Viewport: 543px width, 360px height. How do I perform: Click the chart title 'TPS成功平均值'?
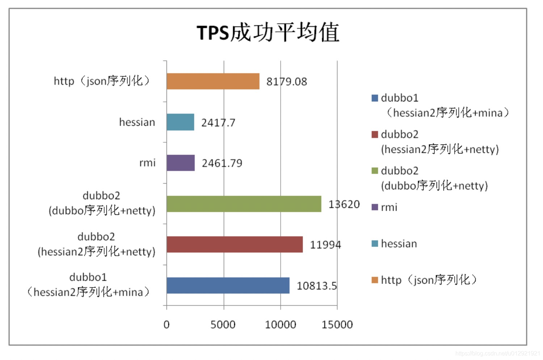(x=268, y=32)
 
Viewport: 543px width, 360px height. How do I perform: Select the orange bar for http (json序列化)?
(x=213, y=81)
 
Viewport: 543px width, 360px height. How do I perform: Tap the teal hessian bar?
(x=180, y=122)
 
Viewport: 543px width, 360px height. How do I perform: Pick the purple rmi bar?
(x=181, y=163)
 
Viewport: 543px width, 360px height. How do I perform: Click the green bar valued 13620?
(x=244, y=204)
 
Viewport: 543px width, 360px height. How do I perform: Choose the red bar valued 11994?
(x=235, y=244)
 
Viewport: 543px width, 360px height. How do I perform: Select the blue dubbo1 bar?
(x=228, y=285)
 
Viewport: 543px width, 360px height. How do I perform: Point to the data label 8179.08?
(x=287, y=81)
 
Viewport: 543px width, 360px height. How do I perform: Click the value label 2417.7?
(x=218, y=123)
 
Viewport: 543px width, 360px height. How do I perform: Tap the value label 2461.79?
(x=222, y=163)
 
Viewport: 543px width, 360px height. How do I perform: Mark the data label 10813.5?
(x=317, y=286)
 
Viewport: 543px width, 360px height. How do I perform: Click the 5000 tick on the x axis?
(x=223, y=325)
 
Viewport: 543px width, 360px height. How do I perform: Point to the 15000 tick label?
(x=337, y=325)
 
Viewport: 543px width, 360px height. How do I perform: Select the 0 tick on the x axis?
(x=167, y=325)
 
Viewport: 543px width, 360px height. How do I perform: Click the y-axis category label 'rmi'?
(x=147, y=163)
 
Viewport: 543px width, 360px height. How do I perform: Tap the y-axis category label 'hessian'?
(x=137, y=122)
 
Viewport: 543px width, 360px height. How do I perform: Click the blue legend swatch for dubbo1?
(x=375, y=98)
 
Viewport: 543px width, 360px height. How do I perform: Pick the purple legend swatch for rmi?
(x=375, y=207)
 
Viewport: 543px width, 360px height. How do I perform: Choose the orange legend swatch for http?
(x=375, y=280)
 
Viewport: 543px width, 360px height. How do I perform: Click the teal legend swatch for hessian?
(x=375, y=244)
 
